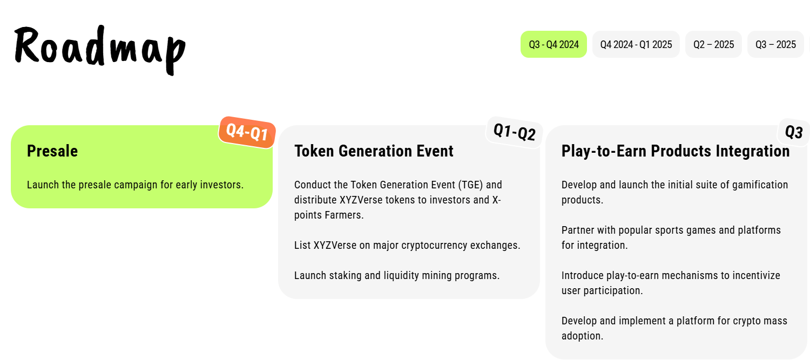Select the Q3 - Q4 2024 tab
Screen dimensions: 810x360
[553, 44]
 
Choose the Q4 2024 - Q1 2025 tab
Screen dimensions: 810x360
[636, 44]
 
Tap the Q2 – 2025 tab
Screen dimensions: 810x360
[713, 44]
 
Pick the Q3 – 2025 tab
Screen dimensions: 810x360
[775, 44]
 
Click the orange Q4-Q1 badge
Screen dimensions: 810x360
[247, 132]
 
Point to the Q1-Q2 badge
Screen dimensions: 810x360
[514, 132]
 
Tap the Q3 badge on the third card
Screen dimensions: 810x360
[794, 132]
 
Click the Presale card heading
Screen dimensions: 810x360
[52, 151]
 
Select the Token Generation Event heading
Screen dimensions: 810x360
[374, 151]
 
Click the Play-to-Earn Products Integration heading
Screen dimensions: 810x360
[676, 151]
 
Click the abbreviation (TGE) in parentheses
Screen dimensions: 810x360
[470, 185]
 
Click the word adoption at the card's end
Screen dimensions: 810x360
[582, 336]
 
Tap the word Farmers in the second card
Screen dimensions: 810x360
[344, 215]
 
